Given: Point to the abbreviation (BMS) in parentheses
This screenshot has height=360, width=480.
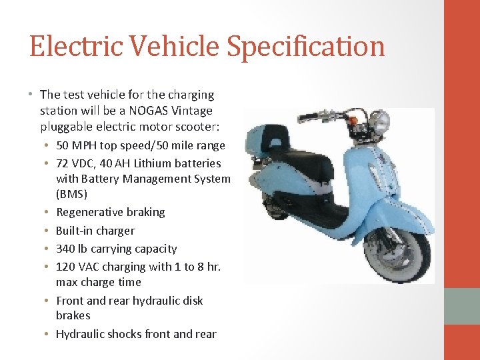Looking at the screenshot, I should pos(73,194).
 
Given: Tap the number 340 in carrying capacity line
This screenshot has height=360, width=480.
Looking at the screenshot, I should pos(67,249).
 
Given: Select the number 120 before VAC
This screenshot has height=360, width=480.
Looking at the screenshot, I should pos(67,267).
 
